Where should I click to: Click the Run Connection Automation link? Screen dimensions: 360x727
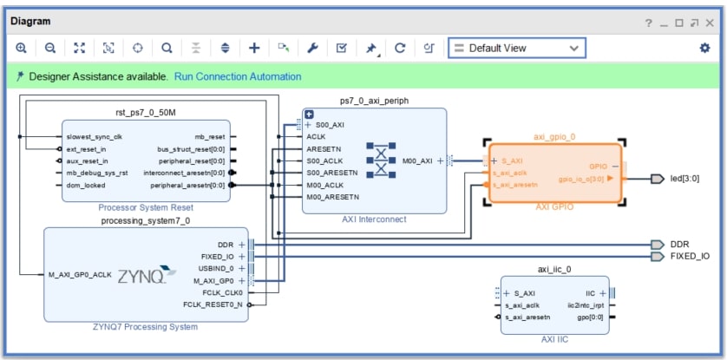(238, 76)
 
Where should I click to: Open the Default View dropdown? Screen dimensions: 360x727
(516, 48)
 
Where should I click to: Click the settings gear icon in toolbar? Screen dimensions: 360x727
(704, 48)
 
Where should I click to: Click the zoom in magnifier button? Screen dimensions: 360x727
(21, 48)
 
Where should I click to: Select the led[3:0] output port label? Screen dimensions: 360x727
(684, 179)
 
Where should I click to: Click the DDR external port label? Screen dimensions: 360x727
(679, 245)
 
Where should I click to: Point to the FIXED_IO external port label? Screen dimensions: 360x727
(689, 257)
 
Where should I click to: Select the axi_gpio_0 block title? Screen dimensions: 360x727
(554, 136)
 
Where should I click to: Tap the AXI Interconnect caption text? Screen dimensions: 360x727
(374, 219)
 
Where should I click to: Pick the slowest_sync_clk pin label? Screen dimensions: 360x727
(94, 136)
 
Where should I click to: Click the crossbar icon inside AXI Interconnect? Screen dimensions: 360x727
(378, 160)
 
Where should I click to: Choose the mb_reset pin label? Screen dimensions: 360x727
(208, 136)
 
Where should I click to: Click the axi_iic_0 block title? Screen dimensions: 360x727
(555, 269)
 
